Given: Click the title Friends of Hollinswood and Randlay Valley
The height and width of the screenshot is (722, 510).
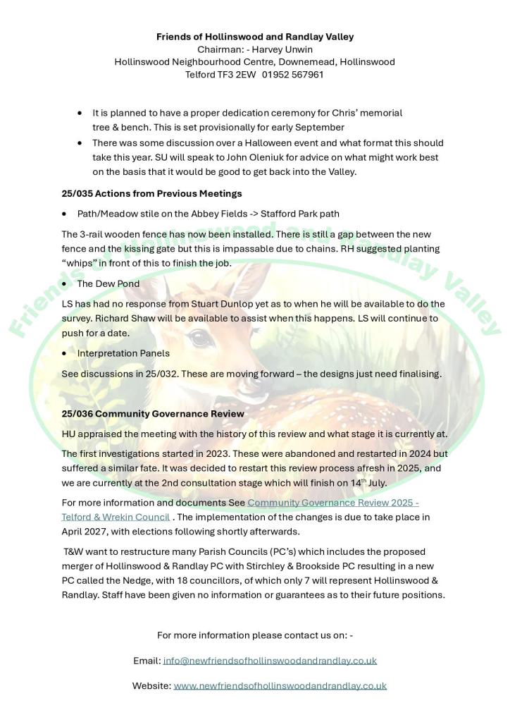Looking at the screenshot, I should click(255, 37).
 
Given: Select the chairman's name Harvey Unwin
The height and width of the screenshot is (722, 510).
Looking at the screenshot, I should click(282, 49).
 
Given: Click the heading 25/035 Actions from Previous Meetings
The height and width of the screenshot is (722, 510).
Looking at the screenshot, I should click(151, 193).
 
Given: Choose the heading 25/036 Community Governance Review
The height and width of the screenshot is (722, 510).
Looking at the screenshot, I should click(153, 414).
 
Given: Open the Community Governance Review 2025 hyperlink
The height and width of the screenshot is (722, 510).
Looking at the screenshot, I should click(332, 503).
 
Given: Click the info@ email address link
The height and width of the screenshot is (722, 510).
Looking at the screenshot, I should click(270, 661).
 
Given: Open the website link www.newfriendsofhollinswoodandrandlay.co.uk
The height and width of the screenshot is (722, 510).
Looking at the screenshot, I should click(280, 685).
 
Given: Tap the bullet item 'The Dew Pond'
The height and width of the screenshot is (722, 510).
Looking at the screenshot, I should click(108, 283).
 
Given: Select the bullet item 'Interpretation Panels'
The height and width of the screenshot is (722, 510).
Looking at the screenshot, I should click(123, 353).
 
